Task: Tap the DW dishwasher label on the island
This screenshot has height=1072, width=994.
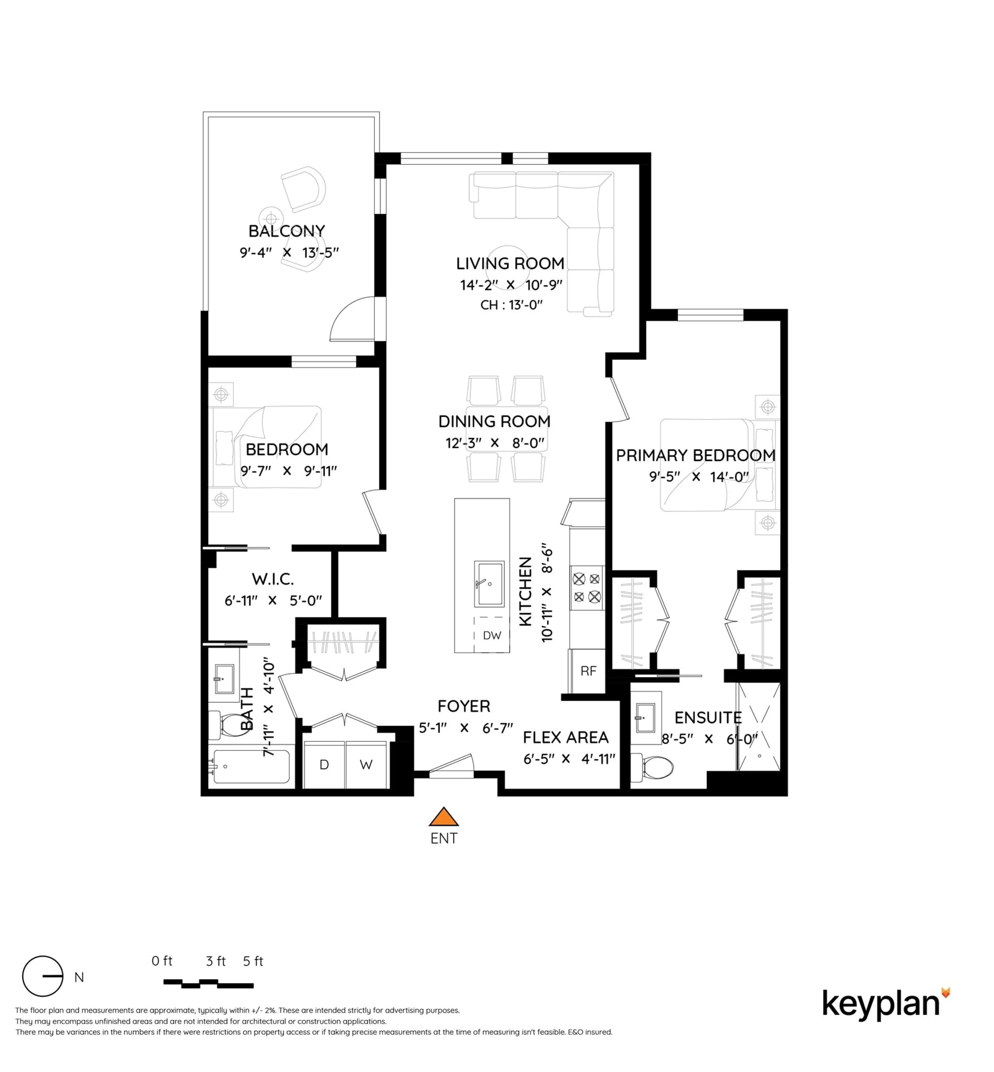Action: click(492, 635)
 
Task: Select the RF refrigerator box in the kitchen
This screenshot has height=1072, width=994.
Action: click(588, 671)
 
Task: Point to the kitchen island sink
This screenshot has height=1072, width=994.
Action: click(489, 584)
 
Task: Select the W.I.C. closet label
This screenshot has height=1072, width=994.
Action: click(273, 579)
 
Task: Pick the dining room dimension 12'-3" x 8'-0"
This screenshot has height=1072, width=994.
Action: click(494, 443)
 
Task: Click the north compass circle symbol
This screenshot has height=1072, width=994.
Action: click(42, 976)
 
